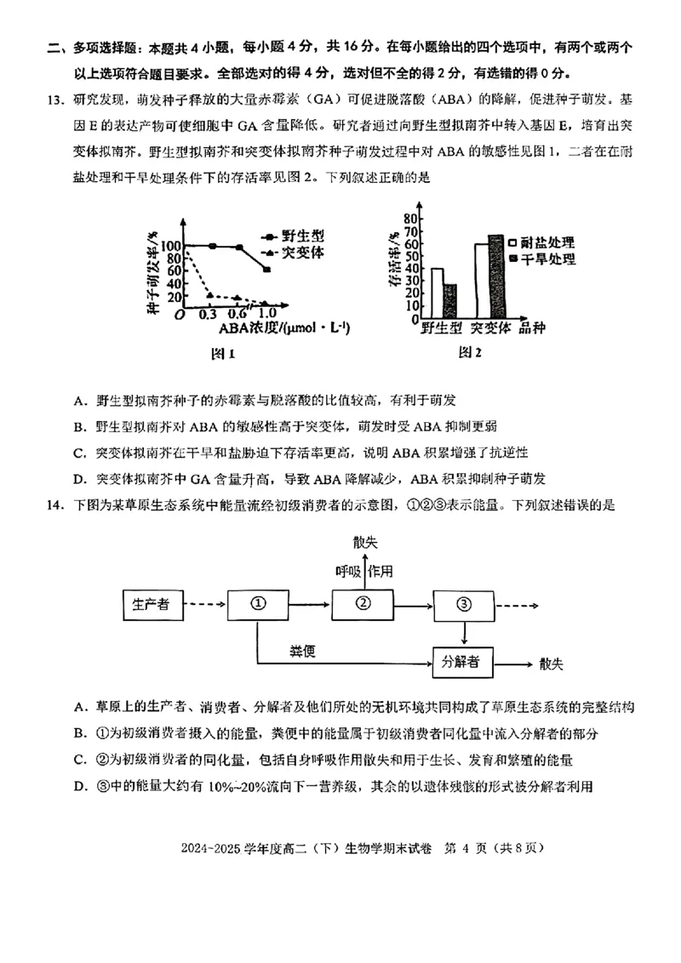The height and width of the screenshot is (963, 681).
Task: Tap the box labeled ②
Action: coord(364,604)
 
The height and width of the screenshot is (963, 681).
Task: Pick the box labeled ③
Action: coord(463,604)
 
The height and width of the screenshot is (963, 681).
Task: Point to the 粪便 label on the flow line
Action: coord(303,651)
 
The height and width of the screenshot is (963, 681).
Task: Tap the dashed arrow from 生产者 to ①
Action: coord(203,604)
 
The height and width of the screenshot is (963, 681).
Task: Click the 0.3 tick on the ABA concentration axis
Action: coord(207,314)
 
